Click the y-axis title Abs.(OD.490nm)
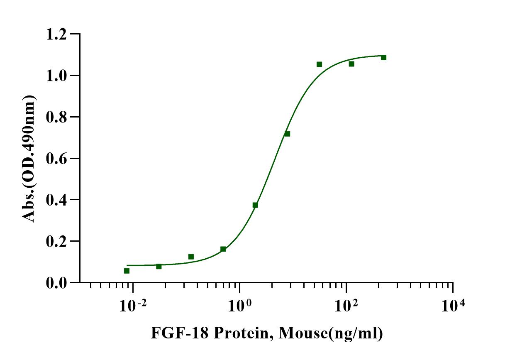pos(29,158)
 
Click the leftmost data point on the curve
pos(127,271)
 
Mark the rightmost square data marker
pos(383,57)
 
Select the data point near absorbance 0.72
pos(287,134)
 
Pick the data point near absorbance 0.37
pos(255,205)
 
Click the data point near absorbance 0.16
pos(223,249)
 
